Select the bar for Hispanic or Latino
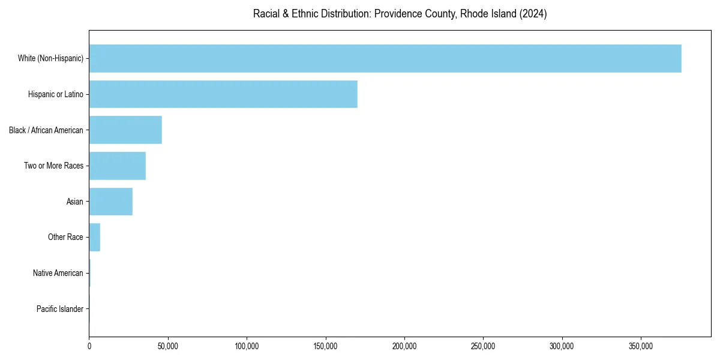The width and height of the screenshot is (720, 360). pyautogui.click(x=223, y=94)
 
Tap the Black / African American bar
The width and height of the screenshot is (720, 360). pyautogui.click(x=125, y=130)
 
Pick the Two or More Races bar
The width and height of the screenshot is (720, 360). pyautogui.click(x=118, y=166)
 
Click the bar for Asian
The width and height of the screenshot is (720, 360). pyautogui.click(x=111, y=202)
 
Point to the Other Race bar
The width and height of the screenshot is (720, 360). pyautogui.click(x=95, y=237)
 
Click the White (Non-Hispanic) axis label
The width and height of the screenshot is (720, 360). pyautogui.click(x=50, y=58)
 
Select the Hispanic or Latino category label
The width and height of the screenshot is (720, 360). pyautogui.click(x=56, y=94)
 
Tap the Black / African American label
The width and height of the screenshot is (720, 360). pyautogui.click(x=46, y=130)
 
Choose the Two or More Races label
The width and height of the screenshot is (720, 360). pyautogui.click(x=54, y=166)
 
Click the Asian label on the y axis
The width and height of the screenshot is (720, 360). pyautogui.click(x=75, y=202)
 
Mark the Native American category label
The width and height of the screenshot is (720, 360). pyautogui.click(x=58, y=273)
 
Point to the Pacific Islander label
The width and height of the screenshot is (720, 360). pyautogui.click(x=60, y=309)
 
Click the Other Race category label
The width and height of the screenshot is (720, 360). pyautogui.click(x=65, y=237)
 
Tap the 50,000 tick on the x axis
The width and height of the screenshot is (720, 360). pyautogui.click(x=168, y=346)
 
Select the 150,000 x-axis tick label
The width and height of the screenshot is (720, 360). pyautogui.click(x=326, y=346)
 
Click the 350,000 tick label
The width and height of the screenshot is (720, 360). pyautogui.click(x=641, y=346)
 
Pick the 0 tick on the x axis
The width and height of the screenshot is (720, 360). pyautogui.click(x=89, y=346)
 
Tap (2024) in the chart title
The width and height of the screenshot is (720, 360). pyautogui.click(x=533, y=14)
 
